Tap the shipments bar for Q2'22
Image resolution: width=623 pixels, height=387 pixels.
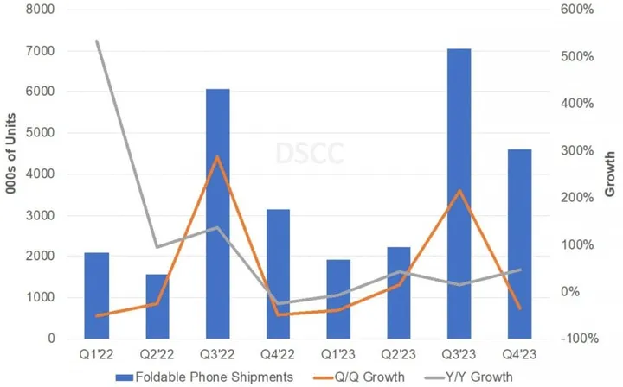click(157, 306)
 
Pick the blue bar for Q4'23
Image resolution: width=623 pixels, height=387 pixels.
click(518, 243)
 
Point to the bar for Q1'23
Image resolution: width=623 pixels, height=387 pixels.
click(338, 298)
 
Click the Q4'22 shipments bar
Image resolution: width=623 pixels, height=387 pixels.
click(278, 273)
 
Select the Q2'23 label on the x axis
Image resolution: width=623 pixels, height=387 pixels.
click(398, 354)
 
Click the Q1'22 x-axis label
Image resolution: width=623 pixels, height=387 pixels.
click(97, 354)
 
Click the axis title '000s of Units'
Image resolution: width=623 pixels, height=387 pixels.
click(12, 173)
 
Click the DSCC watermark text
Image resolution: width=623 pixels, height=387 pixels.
click(309, 154)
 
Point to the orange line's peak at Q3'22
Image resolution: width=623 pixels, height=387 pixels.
click(218, 157)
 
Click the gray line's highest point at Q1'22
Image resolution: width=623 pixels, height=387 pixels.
click(98, 41)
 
